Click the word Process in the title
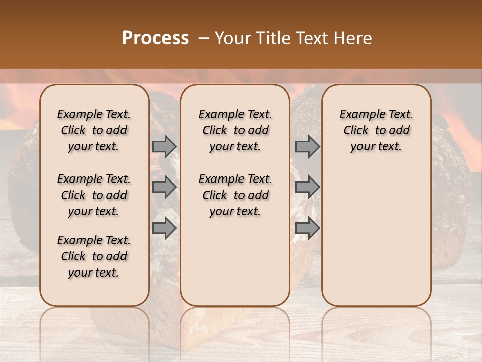(155, 38)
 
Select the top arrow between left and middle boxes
(164, 146)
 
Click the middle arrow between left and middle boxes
(164, 187)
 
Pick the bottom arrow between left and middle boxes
(164, 228)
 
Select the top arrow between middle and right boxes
(307, 146)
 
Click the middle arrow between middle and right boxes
(307, 187)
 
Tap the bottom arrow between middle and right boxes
(307, 228)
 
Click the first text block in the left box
(94, 130)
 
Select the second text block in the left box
(94, 195)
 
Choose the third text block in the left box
(94, 256)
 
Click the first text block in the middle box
(235, 130)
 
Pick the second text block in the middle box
(235, 195)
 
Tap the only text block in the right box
(376, 130)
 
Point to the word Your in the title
(233, 38)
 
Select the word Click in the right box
(356, 130)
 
